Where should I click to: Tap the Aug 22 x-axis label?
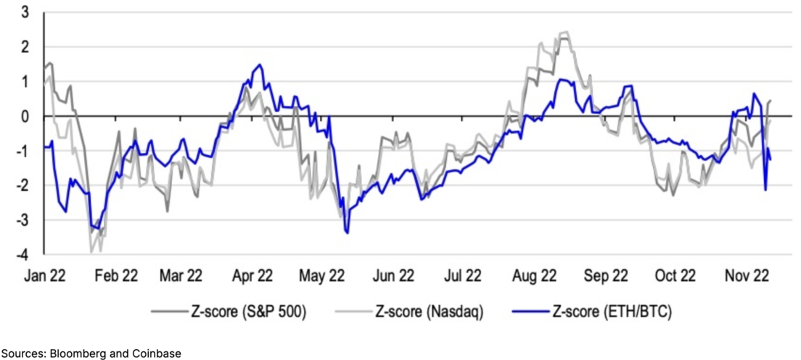534,276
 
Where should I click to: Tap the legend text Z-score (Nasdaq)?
429,312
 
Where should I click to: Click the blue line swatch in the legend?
530,312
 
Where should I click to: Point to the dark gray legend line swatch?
169,312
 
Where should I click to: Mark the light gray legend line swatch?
353,312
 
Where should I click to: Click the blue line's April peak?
260,65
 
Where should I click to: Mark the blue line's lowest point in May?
348,232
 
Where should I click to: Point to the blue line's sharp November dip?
765,190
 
